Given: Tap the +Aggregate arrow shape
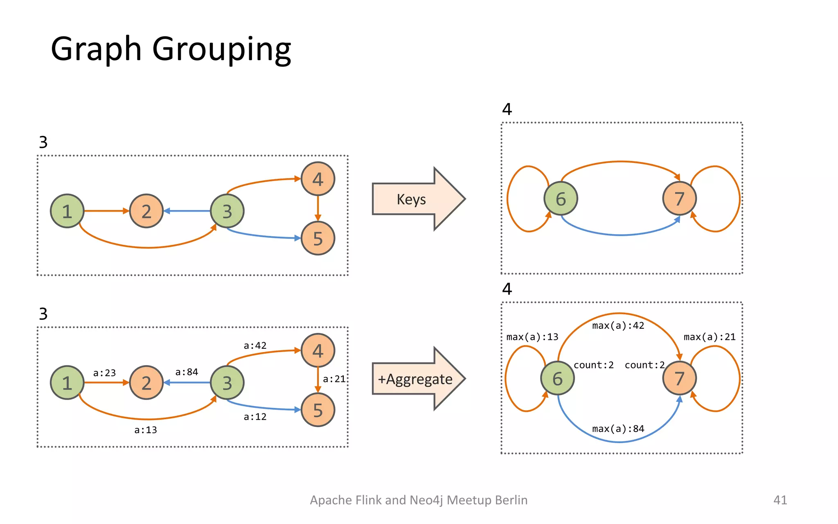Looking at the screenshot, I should [x=415, y=379].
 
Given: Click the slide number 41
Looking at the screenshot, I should [x=780, y=500].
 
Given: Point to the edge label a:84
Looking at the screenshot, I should [x=187, y=372].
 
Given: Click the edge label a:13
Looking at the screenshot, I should [x=146, y=430].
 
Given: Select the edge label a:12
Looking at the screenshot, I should [x=255, y=417].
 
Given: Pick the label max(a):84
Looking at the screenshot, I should [x=618, y=429].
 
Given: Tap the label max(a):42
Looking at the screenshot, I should [x=618, y=326].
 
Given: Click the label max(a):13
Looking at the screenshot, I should [x=532, y=337].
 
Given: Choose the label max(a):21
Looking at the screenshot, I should [x=710, y=337].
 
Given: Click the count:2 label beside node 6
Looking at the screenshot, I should [x=593, y=365].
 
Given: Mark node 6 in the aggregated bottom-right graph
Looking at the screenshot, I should [x=557, y=379].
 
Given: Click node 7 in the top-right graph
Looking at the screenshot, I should [x=679, y=199].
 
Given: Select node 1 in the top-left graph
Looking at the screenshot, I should [x=67, y=211].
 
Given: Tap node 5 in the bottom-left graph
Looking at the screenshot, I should [x=318, y=410].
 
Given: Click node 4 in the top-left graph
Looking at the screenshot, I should [x=318, y=179].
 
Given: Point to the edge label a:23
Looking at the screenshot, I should [x=104, y=373].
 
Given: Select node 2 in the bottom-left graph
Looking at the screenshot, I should [x=146, y=383].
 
